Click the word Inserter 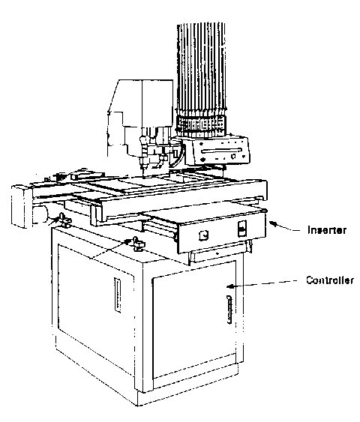(327, 230)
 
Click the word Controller (330, 280)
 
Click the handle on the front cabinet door (229, 310)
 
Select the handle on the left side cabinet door (118, 295)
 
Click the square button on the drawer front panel (203, 235)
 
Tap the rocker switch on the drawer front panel (242, 229)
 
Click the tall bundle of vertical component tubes (201, 67)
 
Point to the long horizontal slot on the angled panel (221, 151)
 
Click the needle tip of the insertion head (143, 176)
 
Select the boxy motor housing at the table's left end (22, 206)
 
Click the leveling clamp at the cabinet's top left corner (65, 220)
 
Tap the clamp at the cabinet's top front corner (139, 244)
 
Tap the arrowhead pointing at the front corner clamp (130, 241)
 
